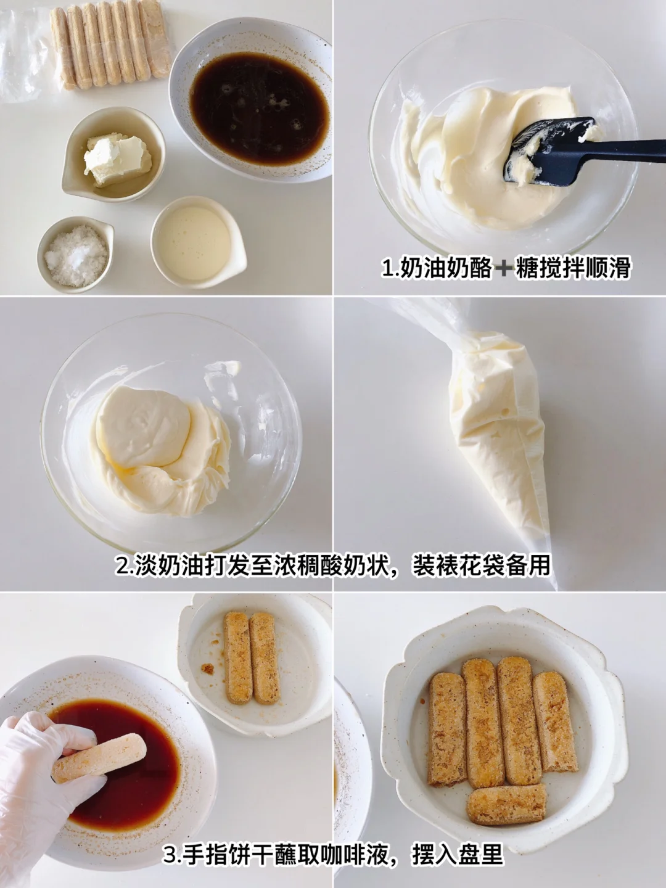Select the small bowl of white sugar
76,255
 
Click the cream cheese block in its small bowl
117,159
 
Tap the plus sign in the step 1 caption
503,268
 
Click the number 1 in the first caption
387,268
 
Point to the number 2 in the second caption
122,565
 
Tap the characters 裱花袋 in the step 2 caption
459,565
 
